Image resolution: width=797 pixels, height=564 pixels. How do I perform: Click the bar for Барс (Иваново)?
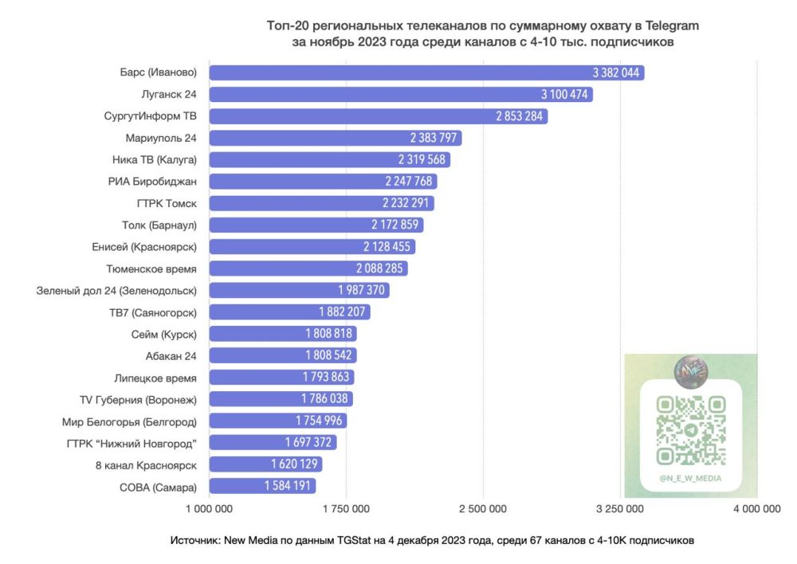(426, 72)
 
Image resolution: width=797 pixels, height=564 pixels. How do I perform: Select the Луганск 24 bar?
(401, 94)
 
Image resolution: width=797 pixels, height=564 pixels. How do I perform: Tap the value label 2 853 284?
(520, 116)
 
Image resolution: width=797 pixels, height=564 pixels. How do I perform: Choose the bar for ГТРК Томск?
(321, 203)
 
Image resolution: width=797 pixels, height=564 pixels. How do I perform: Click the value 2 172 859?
(395, 225)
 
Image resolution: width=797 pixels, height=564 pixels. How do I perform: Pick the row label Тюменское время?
(151, 268)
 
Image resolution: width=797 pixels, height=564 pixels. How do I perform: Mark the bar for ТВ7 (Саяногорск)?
(289, 312)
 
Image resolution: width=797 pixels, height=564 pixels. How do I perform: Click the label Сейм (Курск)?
(163, 334)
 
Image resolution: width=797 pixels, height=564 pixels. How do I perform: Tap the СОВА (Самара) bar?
(262, 486)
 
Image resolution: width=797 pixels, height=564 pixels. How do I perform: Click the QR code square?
(690, 430)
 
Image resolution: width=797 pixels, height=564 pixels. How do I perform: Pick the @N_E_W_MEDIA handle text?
(690, 479)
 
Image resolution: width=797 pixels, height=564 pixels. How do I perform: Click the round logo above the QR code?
(690, 370)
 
